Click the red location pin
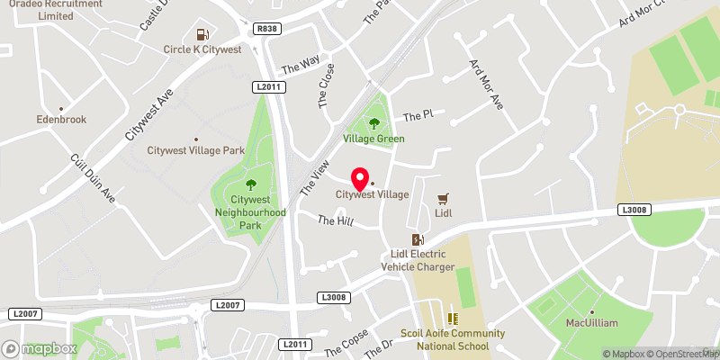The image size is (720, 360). [x=360, y=177]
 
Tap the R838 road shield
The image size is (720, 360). [x=266, y=30]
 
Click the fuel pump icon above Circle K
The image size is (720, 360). [x=201, y=34]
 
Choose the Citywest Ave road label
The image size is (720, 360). [x=148, y=115]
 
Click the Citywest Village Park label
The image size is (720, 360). [x=195, y=150]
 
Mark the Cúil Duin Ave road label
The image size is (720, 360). [x=94, y=177]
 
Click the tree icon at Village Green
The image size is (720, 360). [x=374, y=123]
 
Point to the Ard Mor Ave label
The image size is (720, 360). [x=484, y=85]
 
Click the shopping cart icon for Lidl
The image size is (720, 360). [x=443, y=198]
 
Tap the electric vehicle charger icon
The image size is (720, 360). [x=418, y=239]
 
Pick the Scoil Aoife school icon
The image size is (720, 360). [x=454, y=318]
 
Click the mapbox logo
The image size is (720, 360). [x=39, y=348]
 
